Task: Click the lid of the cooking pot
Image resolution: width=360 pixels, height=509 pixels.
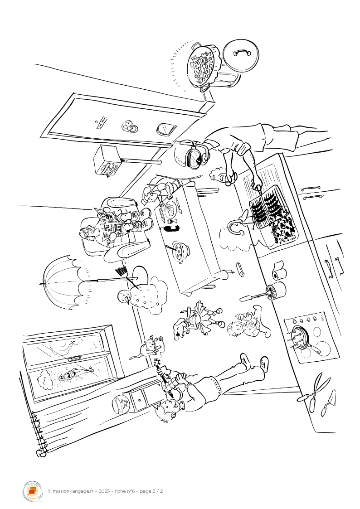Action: (240, 56)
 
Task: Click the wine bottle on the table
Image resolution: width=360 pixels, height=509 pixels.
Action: (170, 227)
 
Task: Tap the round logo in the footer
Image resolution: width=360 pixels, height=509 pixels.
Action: (32, 491)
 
